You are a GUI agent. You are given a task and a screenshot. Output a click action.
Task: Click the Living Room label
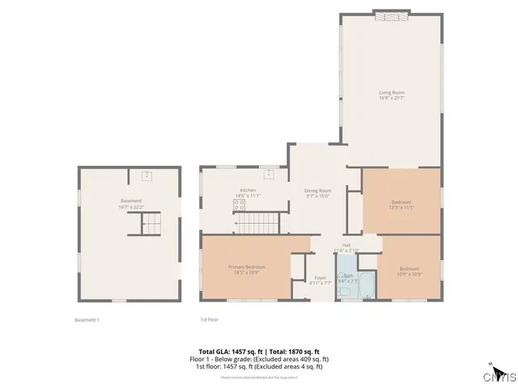tap(392, 93)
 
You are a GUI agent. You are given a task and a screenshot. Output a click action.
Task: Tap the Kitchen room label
tap(248, 190)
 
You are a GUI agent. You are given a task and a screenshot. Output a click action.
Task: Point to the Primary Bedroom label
tap(247, 267)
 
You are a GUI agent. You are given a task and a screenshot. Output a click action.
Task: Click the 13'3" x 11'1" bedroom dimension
tap(402, 207)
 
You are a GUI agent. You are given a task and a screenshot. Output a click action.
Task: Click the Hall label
tap(346, 244)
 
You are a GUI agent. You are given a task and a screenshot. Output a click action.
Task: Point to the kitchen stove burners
tap(239, 205)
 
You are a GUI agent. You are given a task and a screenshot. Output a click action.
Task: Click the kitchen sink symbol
tap(270, 174)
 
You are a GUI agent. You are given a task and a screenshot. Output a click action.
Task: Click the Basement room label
tap(131, 200)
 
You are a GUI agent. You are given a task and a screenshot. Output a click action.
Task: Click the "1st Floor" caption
tap(210, 320)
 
